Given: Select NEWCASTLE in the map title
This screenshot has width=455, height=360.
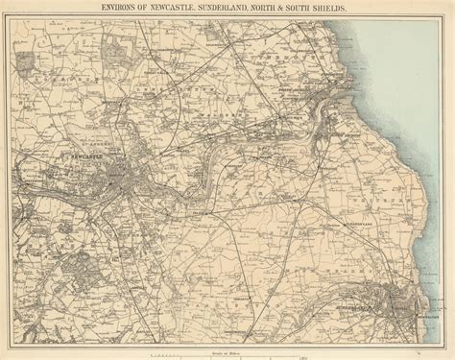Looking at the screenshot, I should [x=179, y=9].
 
